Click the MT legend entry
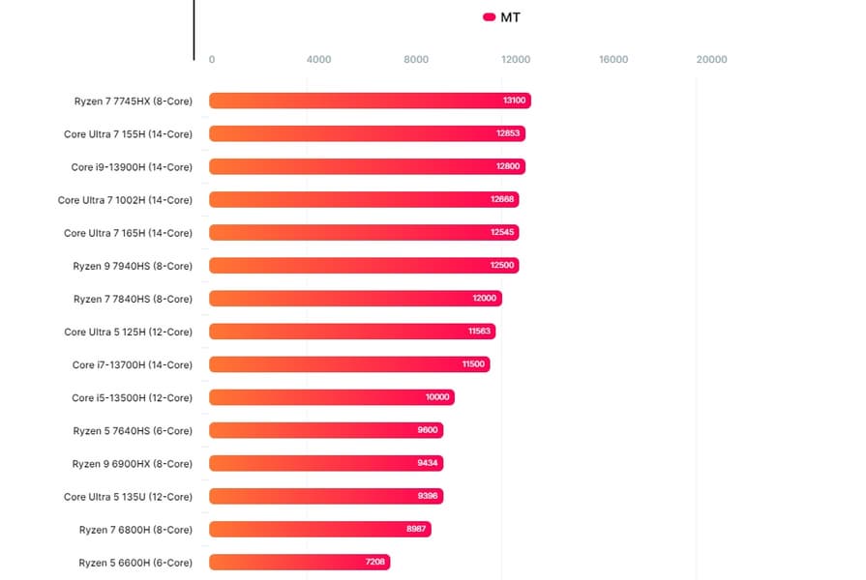[x=502, y=17]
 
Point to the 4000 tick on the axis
[x=318, y=60]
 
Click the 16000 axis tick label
[x=613, y=60]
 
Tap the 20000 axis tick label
[x=711, y=60]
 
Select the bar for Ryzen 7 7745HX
[x=370, y=101]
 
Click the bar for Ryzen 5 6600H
[x=299, y=562]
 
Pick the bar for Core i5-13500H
[x=331, y=397]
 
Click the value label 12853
[x=508, y=133]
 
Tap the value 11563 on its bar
[x=480, y=332]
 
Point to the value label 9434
[x=428, y=463]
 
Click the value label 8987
[x=417, y=530]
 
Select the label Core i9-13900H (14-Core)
[x=132, y=167]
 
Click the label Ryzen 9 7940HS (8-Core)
[x=133, y=266]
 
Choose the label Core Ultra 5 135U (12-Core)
[x=128, y=497]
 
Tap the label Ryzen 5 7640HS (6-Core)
[x=133, y=431]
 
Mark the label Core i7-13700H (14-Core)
[x=132, y=365]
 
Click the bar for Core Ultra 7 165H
[x=364, y=233]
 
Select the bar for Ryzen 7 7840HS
[x=355, y=299]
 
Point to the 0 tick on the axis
[x=212, y=60]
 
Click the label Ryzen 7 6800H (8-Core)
[x=135, y=530]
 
